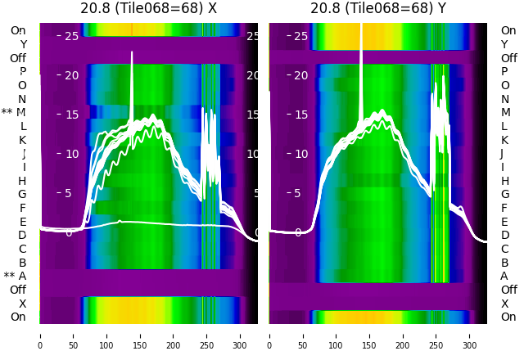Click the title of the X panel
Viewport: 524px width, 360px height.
click(149, 8)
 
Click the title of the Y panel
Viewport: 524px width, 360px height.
click(378, 8)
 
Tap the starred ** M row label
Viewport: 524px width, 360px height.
click(14, 112)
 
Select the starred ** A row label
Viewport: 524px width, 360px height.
click(15, 276)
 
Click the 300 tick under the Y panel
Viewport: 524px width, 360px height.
click(470, 335)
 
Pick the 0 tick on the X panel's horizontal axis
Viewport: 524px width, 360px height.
click(40, 335)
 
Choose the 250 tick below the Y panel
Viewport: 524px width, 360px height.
click(436, 335)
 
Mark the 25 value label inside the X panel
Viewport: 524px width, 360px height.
click(71, 36)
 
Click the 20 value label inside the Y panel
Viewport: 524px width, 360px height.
click(300, 75)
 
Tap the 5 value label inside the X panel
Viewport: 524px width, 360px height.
click(69, 193)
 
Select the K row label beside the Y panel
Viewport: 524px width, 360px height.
click(504, 140)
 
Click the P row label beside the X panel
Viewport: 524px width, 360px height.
click(22, 71)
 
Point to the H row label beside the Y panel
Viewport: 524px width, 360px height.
click(504, 181)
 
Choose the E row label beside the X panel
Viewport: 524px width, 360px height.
click(22, 222)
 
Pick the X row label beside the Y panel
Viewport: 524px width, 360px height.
click(504, 304)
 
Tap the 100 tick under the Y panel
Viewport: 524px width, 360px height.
click(337, 335)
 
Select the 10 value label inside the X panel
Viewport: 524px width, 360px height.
click(71, 154)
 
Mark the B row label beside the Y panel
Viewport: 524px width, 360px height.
click(504, 263)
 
